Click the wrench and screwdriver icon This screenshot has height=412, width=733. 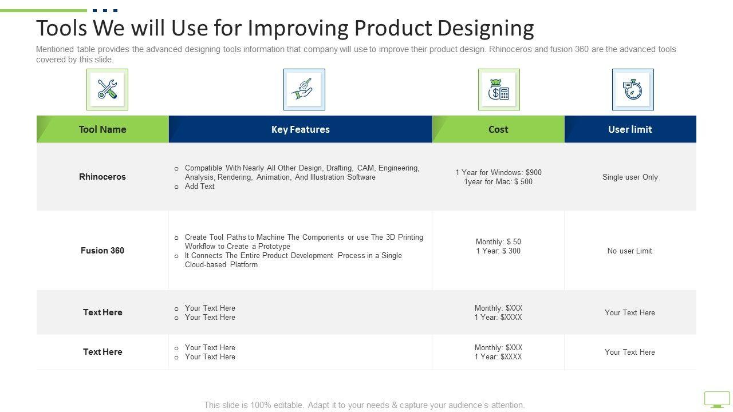(107, 89)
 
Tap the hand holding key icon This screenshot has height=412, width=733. (302, 89)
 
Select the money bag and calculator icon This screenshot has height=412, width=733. (499, 89)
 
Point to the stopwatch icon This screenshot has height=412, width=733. (633, 89)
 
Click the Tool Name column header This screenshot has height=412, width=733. (103, 129)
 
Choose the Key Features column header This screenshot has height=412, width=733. (301, 129)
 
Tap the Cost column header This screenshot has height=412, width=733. (498, 129)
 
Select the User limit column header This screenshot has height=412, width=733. (630, 129)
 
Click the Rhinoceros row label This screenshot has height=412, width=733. (103, 177)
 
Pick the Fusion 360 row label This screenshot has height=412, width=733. (103, 251)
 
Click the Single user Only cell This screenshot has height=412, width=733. (630, 177)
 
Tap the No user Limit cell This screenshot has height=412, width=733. (629, 251)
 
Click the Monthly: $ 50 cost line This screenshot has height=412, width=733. (498, 241)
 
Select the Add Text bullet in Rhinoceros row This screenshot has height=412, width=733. (199, 186)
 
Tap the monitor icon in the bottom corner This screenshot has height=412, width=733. (716, 399)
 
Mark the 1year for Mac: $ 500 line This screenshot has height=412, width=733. (498, 181)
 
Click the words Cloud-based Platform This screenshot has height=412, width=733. (221, 264)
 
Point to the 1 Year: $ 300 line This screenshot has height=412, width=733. (498, 251)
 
